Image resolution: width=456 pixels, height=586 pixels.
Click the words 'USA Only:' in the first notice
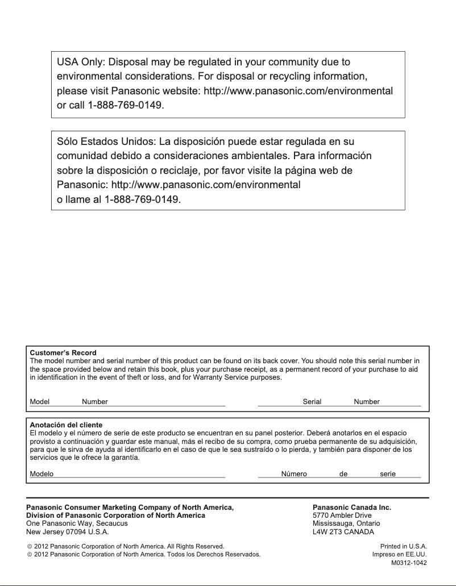coord(81,61)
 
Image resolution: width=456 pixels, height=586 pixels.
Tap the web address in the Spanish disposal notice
coord(206,185)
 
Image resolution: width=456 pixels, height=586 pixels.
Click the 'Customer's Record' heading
coord(63,353)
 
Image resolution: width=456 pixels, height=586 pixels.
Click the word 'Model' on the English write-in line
coord(40,402)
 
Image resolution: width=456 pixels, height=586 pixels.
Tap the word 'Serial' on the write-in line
coord(312,402)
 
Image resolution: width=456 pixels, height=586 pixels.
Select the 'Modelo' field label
coord(42,474)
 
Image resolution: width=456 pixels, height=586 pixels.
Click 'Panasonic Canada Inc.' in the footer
coord(352,507)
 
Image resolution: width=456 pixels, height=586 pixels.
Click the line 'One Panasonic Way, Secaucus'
coord(77,523)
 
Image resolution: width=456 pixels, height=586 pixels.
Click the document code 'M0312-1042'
coord(409,563)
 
